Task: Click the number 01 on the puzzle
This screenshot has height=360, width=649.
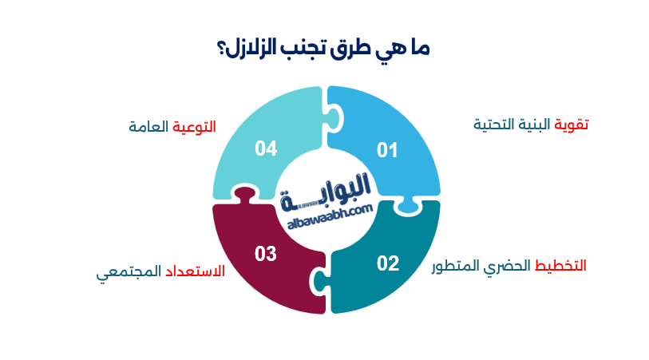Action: tap(387, 149)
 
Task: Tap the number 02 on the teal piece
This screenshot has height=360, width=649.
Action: tap(388, 263)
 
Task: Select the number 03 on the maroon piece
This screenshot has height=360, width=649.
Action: tap(266, 254)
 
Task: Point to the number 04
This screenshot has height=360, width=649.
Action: tap(266, 148)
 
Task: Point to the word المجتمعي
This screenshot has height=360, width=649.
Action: tap(129, 272)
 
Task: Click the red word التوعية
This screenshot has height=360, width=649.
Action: tap(195, 126)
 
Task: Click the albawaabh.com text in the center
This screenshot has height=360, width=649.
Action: tap(327, 208)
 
